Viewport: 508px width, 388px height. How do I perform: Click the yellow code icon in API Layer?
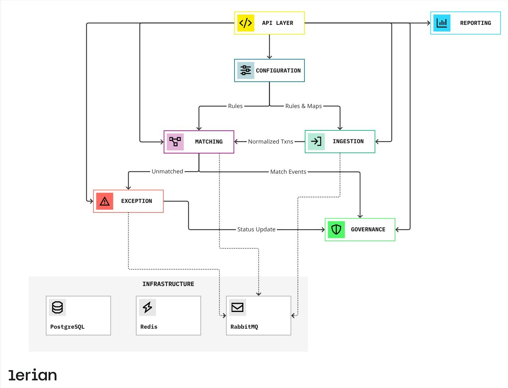[245, 23]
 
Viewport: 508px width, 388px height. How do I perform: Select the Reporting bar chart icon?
[442, 23]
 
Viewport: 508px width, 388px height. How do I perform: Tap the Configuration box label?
[278, 71]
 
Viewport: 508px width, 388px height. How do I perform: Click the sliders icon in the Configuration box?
[245, 70]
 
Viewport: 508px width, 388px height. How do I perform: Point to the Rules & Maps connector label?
[303, 106]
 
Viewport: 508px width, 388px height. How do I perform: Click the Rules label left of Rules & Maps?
[235, 106]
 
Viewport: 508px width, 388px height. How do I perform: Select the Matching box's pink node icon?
[175, 141]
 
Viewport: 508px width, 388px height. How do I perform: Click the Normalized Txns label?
[270, 141]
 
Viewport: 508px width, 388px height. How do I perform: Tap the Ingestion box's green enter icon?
[316, 141]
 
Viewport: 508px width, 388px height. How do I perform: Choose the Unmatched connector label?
[167, 171]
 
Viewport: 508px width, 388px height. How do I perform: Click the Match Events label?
[288, 172]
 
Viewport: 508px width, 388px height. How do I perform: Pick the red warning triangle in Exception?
[105, 201]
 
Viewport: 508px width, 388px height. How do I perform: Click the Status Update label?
[256, 229]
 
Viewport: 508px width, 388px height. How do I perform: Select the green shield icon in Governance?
[336, 230]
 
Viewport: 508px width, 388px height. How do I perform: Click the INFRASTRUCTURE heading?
[168, 284]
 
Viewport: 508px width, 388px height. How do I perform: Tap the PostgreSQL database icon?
[57, 307]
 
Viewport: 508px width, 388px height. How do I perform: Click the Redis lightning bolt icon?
[147, 307]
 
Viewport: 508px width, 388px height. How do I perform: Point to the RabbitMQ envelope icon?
[237, 307]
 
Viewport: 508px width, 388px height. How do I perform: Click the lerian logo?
[33, 375]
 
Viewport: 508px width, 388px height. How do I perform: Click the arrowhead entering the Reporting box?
[428, 23]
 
